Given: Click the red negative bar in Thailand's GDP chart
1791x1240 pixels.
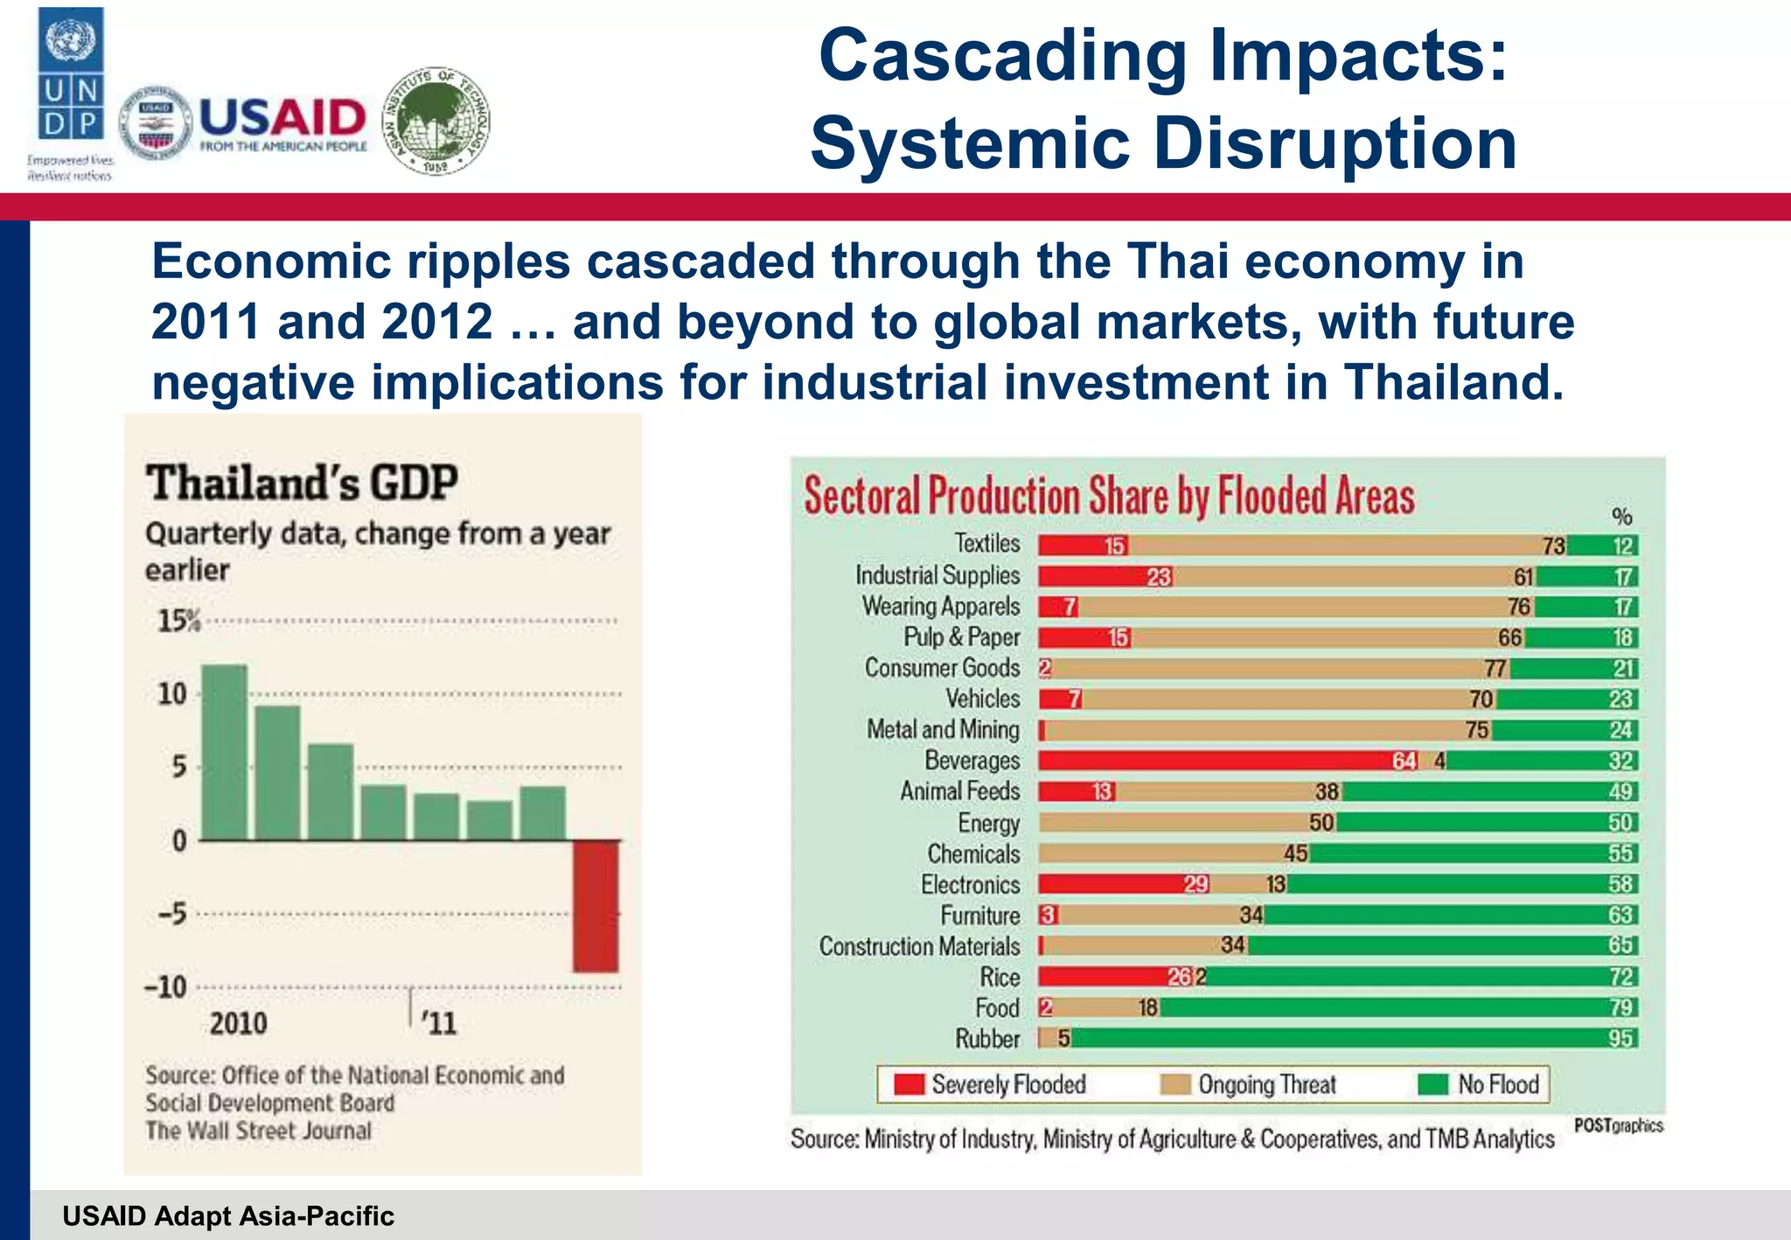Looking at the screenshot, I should tap(596, 905).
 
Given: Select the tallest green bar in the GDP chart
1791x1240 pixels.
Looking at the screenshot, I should tap(225, 752).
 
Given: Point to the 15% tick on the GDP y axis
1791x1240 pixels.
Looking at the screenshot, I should tap(179, 621).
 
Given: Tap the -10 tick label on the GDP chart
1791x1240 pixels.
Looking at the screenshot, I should tap(166, 987).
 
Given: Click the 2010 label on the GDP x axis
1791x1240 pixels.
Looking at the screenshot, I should tap(238, 1023).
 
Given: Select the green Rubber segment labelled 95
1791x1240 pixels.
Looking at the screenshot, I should tap(1351, 1038).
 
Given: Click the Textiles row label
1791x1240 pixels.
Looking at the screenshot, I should tap(986, 543).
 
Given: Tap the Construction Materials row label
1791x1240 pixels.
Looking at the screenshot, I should tap(919, 946).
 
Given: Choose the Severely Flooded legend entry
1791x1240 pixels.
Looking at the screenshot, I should tap(991, 1084).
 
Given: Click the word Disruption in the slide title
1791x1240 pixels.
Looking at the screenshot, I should tap(1335, 143).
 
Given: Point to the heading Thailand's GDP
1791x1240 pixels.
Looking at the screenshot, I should tap(302, 483).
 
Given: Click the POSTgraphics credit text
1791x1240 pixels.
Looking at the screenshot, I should tap(1618, 1125).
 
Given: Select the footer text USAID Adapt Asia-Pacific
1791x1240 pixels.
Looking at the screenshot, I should tap(228, 1216).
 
